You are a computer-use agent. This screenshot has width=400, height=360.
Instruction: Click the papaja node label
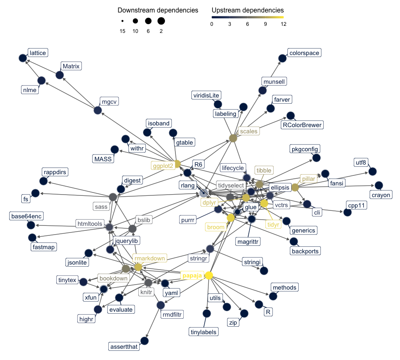tap(191, 275)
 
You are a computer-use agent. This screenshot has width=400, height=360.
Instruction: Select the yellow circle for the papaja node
tap(209, 275)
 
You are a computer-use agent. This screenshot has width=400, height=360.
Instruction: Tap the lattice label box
tap(37, 53)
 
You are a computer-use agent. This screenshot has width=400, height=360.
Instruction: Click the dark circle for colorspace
tap(282, 59)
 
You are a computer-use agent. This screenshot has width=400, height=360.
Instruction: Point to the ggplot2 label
tap(162, 165)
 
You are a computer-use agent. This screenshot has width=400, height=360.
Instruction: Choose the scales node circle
tap(233, 138)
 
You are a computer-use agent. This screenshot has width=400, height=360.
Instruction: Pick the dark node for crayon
tap(379, 185)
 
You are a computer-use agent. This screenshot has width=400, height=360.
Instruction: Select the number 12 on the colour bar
tap(283, 24)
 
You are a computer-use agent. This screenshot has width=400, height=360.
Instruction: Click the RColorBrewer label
tap(302, 125)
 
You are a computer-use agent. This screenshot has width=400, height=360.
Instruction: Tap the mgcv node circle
tap(97, 110)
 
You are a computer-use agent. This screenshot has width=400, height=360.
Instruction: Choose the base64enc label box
tap(27, 216)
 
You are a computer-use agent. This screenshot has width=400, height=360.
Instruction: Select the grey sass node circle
tap(112, 197)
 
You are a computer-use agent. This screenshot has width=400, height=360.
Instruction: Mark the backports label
tap(305, 251)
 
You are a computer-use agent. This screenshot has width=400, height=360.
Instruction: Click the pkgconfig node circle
tap(316, 158)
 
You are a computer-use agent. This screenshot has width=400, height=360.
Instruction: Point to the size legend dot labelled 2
tap(161, 21)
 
